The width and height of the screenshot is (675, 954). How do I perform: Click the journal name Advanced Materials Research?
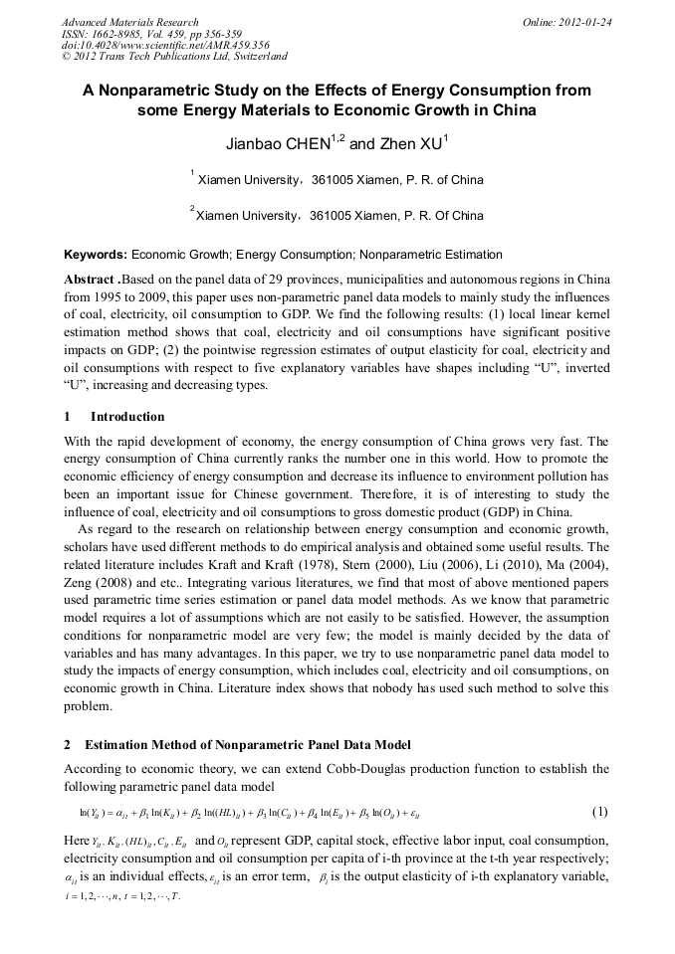(x=130, y=22)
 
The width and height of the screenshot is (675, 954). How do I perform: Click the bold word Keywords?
(x=95, y=255)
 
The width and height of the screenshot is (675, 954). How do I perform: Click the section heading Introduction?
(x=127, y=416)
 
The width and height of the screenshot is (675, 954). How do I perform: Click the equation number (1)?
(x=600, y=812)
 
